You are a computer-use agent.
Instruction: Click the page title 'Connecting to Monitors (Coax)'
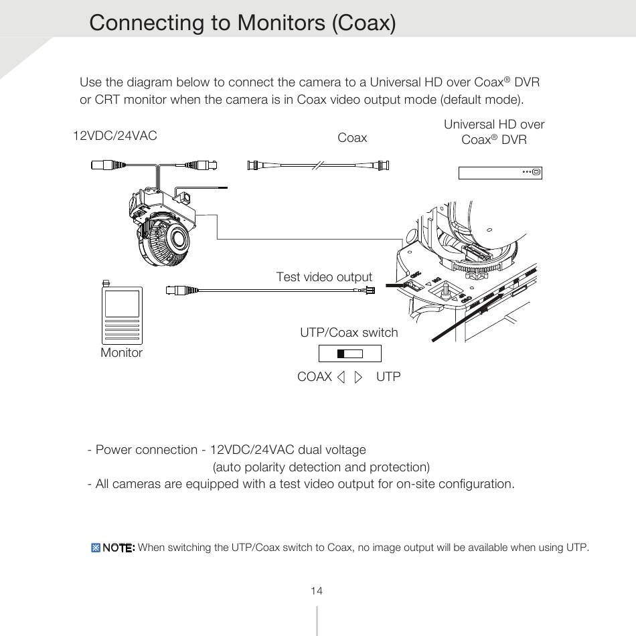[242, 23]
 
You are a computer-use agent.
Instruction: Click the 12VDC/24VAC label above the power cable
[114, 136]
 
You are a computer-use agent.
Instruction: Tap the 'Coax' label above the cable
[352, 138]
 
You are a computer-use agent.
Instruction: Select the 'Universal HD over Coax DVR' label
[494, 132]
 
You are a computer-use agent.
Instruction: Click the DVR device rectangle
[500, 173]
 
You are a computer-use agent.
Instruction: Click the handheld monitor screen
[122, 303]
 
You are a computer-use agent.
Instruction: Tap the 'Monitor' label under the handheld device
[121, 353]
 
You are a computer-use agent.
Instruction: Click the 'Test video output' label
[324, 277]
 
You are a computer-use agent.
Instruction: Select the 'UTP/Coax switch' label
[349, 333]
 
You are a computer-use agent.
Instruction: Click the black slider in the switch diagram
[341, 353]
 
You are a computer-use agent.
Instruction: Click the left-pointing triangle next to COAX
[341, 377]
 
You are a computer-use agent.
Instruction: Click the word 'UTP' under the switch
[388, 377]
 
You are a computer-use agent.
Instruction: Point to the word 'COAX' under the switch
[315, 377]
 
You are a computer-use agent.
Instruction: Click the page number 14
[317, 590]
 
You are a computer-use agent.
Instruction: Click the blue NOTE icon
[95, 548]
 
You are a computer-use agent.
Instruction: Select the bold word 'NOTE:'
[118, 548]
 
